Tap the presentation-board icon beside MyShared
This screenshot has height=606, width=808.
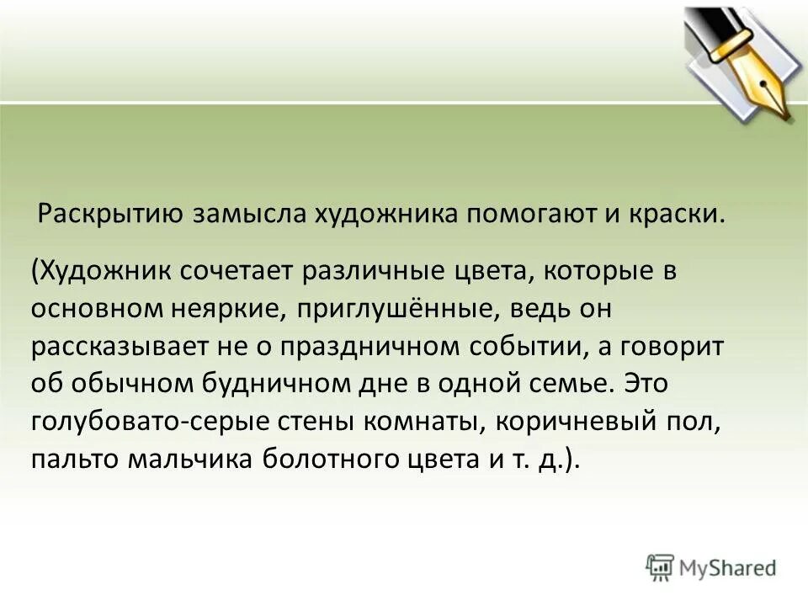pos(661,568)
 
